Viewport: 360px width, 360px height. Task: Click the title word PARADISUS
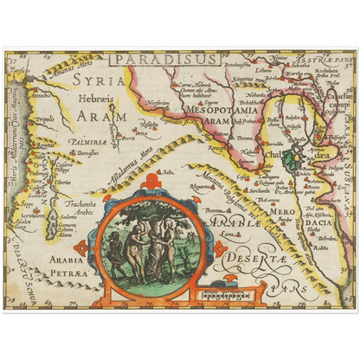pos(165,59)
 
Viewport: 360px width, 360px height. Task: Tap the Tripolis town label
pos(45,119)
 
